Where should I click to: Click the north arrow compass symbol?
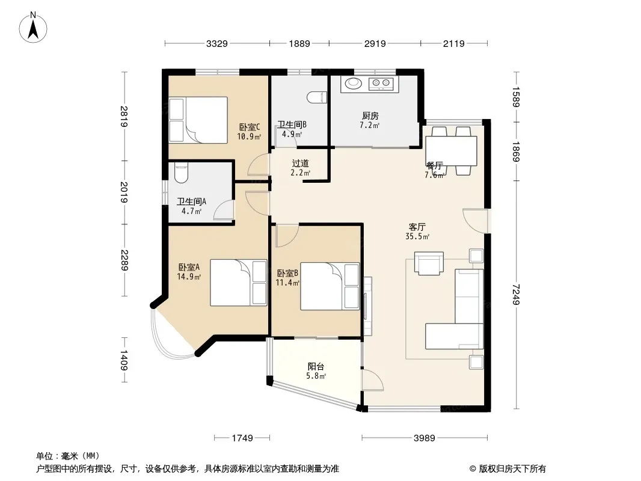[33, 27]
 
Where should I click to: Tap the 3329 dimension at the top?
[216, 43]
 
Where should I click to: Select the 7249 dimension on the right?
[516, 295]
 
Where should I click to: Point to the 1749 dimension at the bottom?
[242, 438]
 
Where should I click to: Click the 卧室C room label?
[250, 127]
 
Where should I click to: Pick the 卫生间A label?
[191, 201]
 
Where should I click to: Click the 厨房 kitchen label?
[370, 116]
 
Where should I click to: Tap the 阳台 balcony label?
[316, 367]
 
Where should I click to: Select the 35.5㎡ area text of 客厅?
[417, 237]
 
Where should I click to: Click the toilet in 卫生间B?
[317, 97]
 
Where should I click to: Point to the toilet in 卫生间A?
[180, 173]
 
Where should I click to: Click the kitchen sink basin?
[354, 84]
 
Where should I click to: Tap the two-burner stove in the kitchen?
[381, 84]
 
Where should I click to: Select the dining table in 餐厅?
[452, 151]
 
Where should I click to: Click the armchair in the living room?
[429, 263]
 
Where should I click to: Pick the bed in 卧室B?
[330, 286]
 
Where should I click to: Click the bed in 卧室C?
[198, 120]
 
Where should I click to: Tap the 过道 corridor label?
[301, 164]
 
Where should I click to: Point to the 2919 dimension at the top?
[375, 43]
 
